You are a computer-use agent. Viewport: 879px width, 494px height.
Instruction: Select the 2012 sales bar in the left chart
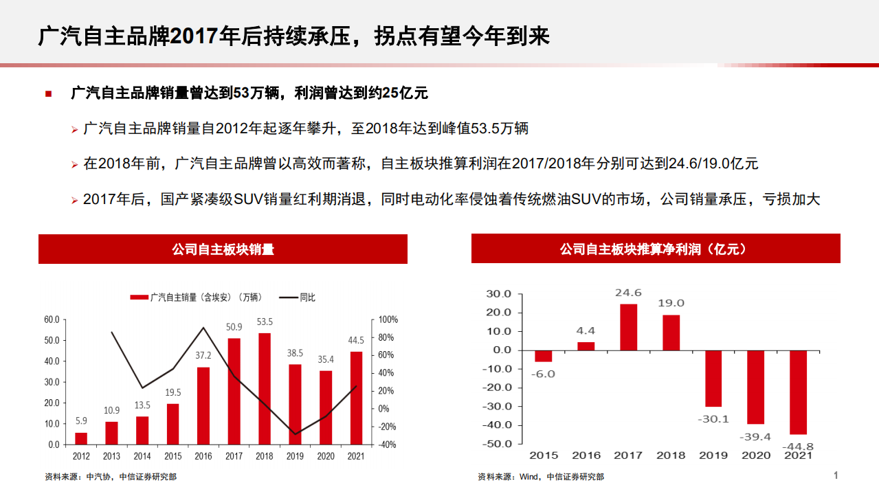coord(81,438)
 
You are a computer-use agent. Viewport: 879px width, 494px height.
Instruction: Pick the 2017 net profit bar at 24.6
coord(628,327)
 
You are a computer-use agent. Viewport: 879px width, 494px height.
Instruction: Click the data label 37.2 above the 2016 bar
coord(203,356)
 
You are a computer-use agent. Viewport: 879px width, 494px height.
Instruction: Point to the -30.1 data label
coord(713,418)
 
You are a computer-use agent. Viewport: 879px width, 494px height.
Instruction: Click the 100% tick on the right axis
coord(388,320)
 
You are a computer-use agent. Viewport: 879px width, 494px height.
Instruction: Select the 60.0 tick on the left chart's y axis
coord(52,320)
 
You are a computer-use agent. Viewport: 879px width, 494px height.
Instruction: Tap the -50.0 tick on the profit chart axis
coord(498,444)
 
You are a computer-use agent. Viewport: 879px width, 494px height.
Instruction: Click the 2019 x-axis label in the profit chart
coord(713,456)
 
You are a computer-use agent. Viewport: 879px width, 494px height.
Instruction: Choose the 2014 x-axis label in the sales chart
coord(142,456)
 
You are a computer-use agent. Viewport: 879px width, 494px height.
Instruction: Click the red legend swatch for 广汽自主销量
coord(139,297)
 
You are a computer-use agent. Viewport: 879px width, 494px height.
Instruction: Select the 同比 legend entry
coord(298,297)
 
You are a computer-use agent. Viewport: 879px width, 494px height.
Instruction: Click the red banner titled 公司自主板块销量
coord(223,249)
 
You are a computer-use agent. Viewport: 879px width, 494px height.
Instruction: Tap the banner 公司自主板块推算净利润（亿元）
coord(655,249)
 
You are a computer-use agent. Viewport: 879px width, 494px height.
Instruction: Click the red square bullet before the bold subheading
coord(49,93)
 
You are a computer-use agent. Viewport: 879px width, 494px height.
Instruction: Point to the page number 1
coord(836,475)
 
